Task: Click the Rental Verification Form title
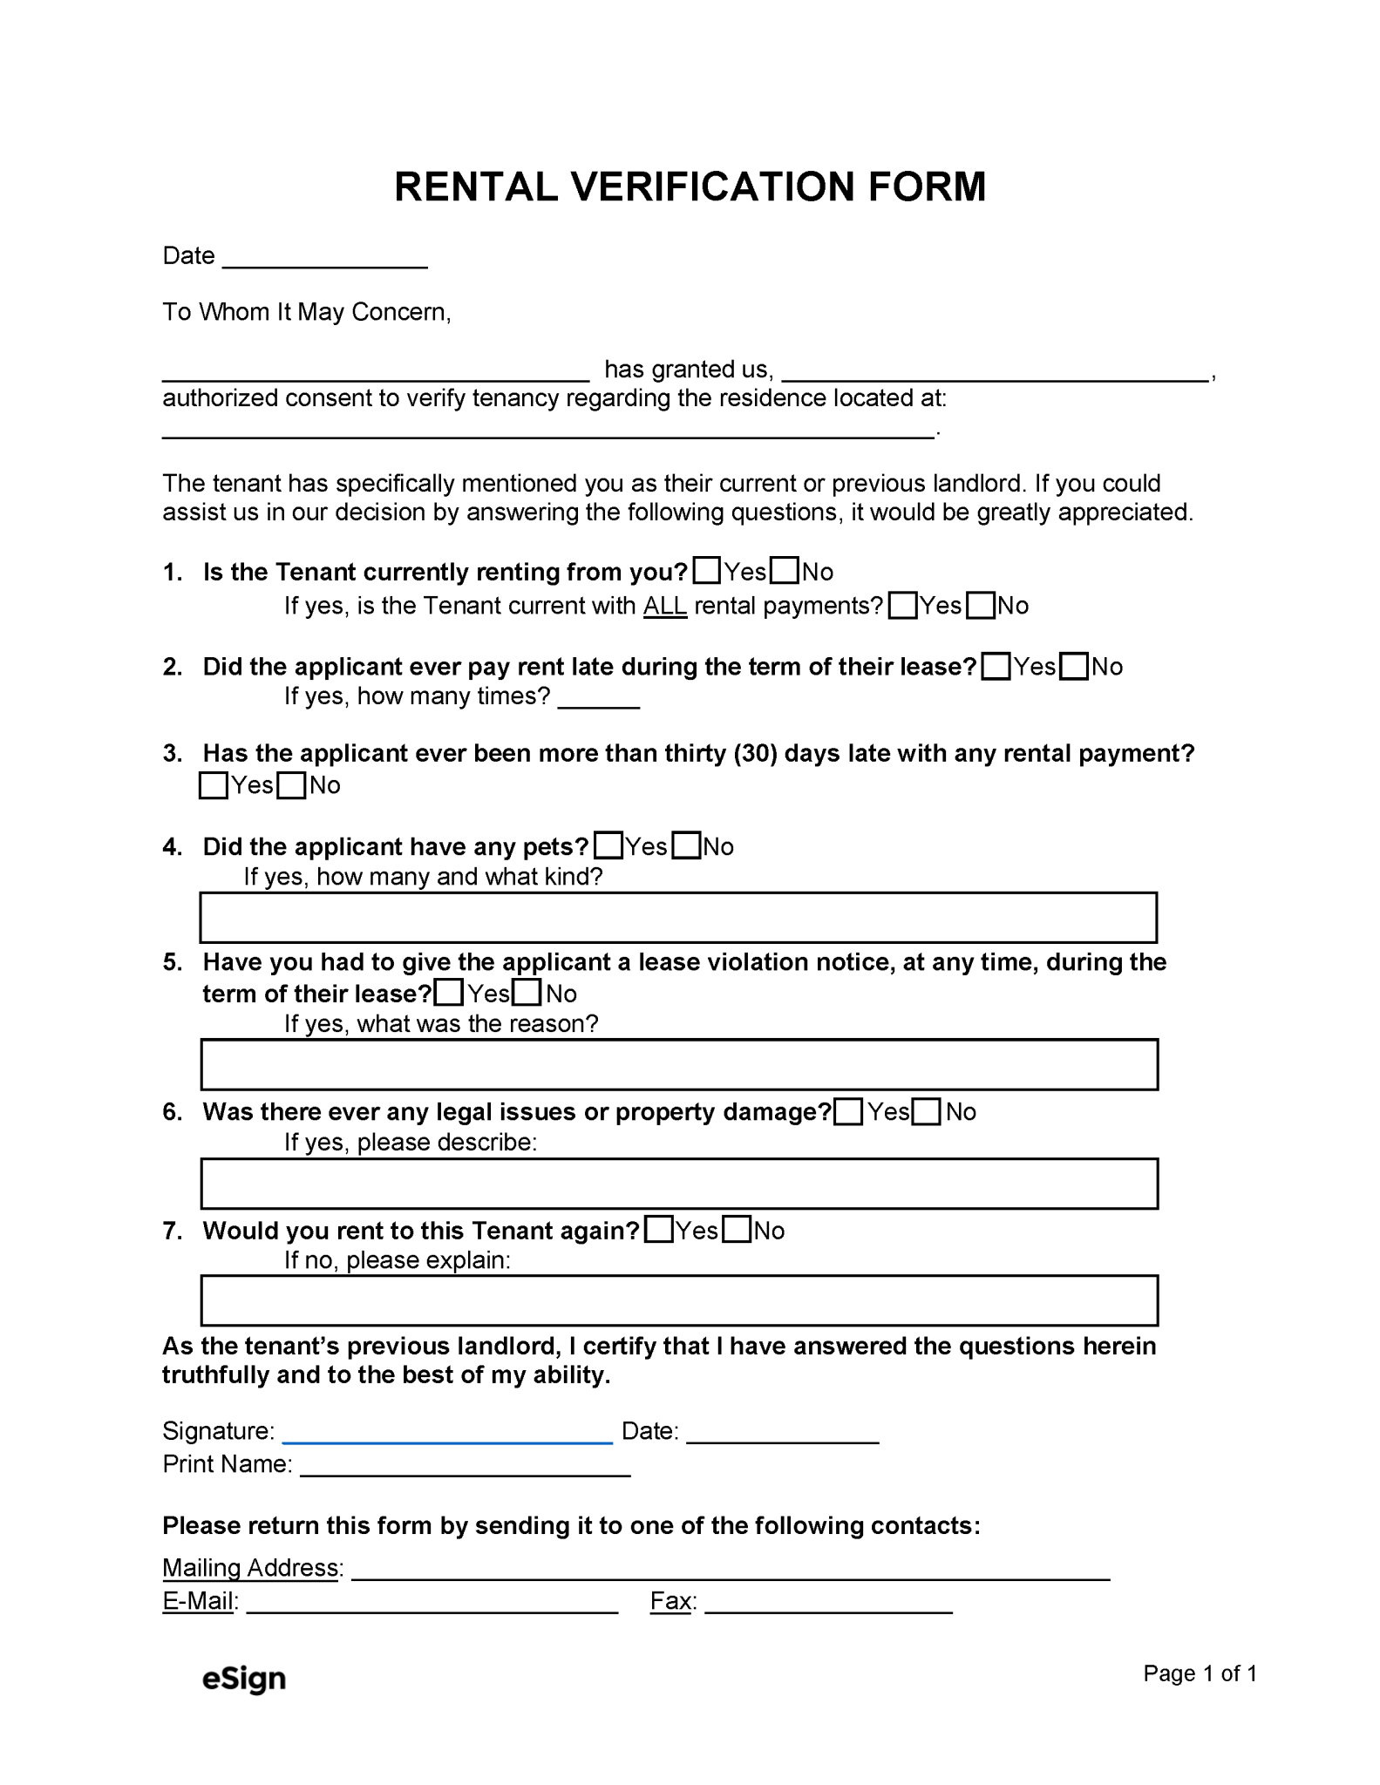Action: (x=690, y=187)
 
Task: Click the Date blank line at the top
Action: (x=324, y=259)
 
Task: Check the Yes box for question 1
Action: (x=707, y=571)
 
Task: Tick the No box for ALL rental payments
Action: (x=982, y=605)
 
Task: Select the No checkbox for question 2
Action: (x=1075, y=667)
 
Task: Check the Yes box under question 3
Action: (x=214, y=785)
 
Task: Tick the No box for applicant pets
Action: (x=687, y=846)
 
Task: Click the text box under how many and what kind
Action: (x=678, y=917)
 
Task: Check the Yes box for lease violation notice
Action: (x=449, y=993)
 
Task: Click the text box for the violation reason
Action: (x=678, y=1064)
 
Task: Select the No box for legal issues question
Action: (x=927, y=1112)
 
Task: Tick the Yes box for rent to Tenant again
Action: (x=659, y=1230)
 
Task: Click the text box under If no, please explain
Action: (x=678, y=1300)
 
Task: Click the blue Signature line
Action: (x=448, y=1435)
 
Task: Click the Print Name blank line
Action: (x=465, y=1468)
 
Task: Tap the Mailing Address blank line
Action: (x=730, y=1572)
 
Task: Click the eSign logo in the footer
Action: (x=243, y=1679)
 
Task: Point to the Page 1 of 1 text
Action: (x=1200, y=1673)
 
